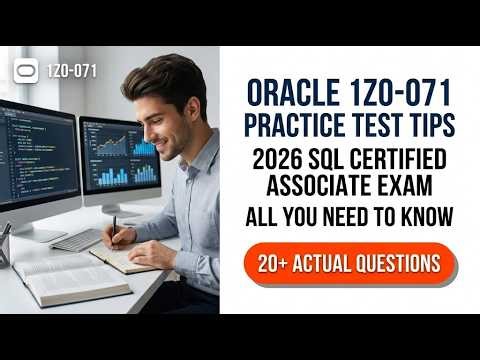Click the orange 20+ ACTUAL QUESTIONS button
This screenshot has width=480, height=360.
(349, 263)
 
